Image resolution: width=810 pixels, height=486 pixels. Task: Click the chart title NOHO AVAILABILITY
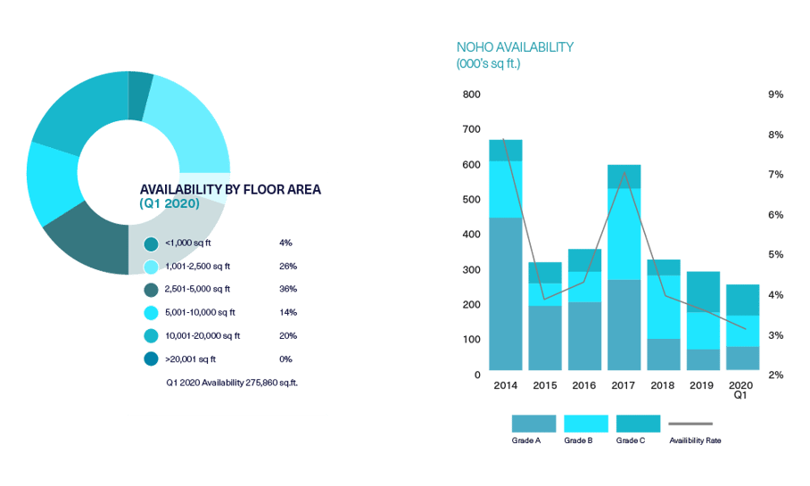[515, 47]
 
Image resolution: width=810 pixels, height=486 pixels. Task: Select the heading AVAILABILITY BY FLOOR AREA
[230, 189]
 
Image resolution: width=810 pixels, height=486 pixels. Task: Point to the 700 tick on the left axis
[470, 130]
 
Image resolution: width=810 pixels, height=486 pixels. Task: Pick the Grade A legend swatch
[533, 424]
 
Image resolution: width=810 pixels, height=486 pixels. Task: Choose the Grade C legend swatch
[637, 424]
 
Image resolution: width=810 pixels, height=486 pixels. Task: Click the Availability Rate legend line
[691, 424]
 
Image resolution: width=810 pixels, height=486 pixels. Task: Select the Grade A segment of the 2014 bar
[505, 294]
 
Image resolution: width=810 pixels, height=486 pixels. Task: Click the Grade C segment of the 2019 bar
[704, 292]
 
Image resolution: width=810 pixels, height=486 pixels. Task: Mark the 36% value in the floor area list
[287, 289]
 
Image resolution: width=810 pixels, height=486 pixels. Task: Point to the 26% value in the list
[287, 266]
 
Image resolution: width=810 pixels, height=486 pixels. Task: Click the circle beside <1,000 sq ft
[151, 243]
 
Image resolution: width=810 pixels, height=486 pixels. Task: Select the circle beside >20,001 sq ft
[151, 359]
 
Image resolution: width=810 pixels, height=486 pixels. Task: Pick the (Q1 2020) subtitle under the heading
[169, 204]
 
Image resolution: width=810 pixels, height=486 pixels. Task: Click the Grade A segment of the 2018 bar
[664, 355]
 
